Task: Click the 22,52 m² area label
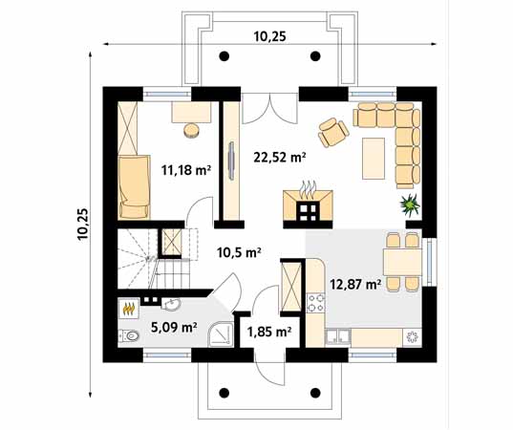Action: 278,158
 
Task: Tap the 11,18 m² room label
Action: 185,170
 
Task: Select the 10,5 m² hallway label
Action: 240,253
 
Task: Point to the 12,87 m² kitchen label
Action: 355,284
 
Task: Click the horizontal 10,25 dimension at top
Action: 273,35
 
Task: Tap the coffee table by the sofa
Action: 374,159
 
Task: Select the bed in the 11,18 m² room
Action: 133,186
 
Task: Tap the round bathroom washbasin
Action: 170,305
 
